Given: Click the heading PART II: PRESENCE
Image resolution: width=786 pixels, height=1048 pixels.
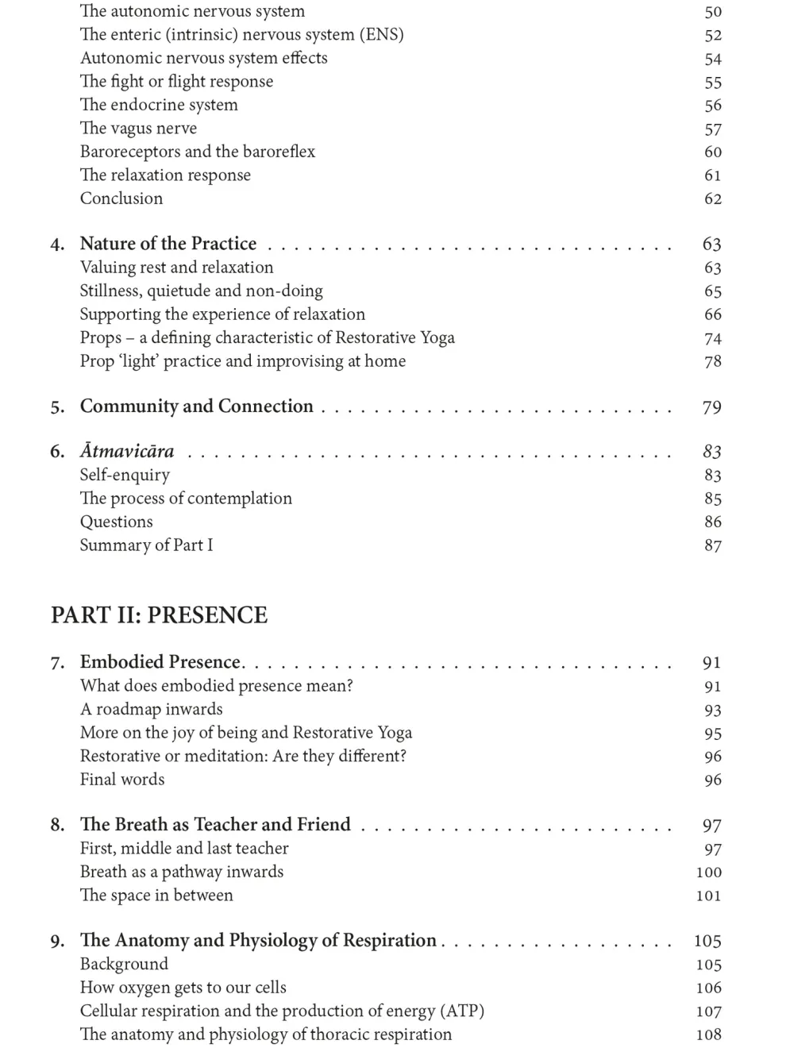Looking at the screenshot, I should point(159,615).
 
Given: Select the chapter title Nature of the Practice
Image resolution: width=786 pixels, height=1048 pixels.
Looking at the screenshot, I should point(168,244).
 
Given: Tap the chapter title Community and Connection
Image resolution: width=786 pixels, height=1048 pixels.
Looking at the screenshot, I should point(197,406).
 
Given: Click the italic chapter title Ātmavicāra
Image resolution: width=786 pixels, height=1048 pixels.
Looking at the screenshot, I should point(127,451).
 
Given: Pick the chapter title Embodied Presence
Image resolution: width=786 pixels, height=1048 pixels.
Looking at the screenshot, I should point(160,662).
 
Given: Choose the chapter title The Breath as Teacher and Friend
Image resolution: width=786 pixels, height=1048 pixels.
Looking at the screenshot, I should point(215,825).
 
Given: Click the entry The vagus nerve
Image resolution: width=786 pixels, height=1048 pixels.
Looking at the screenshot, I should point(138,129).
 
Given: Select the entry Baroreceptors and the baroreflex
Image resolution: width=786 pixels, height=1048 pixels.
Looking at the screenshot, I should point(198,152).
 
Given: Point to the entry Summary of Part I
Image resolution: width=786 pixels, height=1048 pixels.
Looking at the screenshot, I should point(146,545).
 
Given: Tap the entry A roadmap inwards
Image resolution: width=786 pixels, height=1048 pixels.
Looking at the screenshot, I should point(151,709).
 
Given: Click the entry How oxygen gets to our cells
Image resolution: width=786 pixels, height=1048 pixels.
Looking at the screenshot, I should point(183,988).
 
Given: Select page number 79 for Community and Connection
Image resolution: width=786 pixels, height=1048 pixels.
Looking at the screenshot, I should point(712,407).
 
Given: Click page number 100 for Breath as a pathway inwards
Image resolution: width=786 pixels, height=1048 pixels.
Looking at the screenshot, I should point(708,872).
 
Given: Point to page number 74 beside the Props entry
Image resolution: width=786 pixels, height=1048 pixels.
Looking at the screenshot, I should point(713,338).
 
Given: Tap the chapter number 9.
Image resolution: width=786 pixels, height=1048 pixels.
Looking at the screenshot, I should point(57,942).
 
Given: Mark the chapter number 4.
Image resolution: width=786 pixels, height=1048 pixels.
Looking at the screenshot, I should point(57,245).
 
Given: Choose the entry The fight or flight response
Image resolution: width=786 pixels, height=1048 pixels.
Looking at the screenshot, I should point(176,82).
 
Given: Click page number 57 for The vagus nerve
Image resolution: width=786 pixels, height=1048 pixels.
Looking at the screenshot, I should point(713,129).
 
